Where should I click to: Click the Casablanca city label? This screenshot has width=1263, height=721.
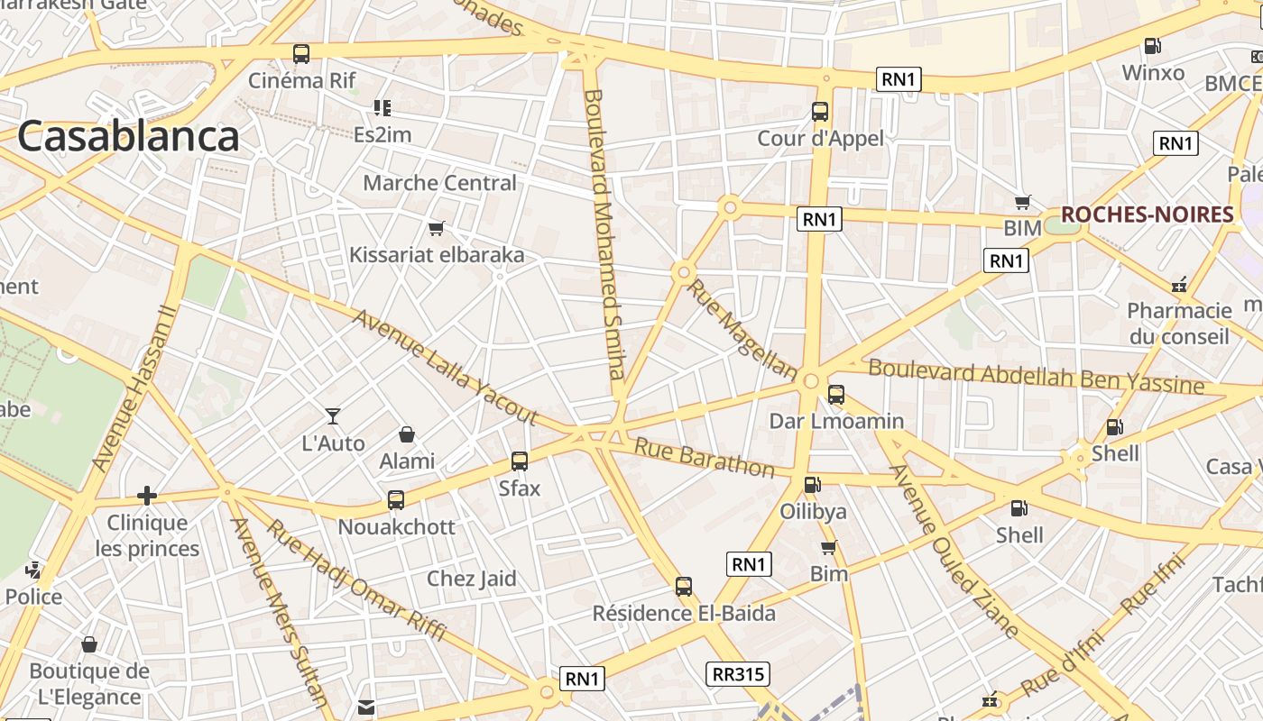128,137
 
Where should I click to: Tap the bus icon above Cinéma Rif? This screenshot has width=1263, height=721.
301,54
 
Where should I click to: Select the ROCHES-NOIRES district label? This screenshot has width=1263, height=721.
1147,214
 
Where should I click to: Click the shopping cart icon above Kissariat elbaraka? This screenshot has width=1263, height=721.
437,229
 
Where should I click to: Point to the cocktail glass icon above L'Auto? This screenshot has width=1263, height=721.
333,416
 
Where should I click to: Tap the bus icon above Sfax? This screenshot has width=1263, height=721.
520,461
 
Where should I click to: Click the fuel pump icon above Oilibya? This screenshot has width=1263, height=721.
812,485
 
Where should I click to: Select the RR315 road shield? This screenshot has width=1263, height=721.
737,674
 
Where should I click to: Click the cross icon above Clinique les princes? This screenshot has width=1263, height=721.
146,496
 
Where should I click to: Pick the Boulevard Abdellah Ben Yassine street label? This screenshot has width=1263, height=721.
1036,376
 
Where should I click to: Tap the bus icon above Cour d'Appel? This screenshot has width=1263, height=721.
820,112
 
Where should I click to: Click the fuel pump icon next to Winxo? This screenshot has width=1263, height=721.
1152,46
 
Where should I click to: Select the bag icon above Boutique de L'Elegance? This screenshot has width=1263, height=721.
89,644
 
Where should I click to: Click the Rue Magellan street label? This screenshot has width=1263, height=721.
742,329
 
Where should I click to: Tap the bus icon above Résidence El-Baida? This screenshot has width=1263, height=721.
684,587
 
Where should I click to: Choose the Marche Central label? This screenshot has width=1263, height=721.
439,183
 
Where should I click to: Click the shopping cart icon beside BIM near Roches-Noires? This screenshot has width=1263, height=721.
1022,203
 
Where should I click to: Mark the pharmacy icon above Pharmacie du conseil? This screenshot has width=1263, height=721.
1178,285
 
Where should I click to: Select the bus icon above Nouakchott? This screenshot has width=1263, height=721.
396,499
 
